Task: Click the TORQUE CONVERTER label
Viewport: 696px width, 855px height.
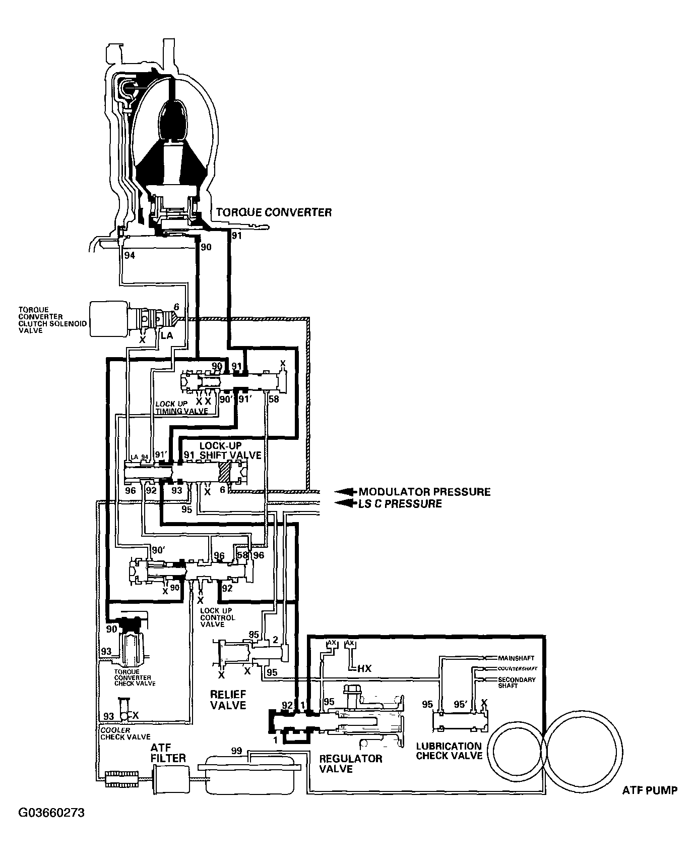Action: click(x=274, y=212)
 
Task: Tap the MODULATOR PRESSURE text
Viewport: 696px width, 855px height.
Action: click(x=424, y=492)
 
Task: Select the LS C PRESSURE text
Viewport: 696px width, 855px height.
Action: click(x=400, y=503)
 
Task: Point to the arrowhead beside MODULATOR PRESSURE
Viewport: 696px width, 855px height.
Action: click(x=344, y=492)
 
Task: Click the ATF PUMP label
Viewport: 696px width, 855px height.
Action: click(x=650, y=790)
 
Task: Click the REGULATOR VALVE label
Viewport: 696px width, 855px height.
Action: click(x=351, y=764)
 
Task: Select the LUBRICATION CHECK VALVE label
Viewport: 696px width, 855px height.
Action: click(x=449, y=751)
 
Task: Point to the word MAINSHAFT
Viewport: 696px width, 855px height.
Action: click(x=516, y=658)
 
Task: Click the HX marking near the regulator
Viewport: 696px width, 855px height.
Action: click(x=364, y=668)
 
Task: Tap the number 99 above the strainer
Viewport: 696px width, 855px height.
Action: click(x=237, y=751)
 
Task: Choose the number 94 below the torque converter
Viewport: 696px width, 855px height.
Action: click(x=130, y=255)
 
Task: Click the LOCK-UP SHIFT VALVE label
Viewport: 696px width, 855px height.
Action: click(x=230, y=450)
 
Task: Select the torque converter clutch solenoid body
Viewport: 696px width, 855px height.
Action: click(x=107, y=318)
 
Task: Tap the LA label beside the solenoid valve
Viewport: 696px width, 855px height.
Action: click(x=167, y=335)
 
